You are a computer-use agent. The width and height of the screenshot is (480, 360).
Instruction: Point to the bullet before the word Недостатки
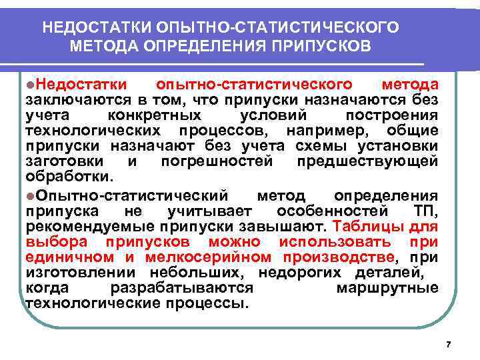[x=31, y=85]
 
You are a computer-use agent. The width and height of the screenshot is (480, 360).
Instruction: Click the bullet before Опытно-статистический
[x=31, y=195]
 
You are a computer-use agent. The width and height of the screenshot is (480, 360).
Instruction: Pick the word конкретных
[x=173, y=115]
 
